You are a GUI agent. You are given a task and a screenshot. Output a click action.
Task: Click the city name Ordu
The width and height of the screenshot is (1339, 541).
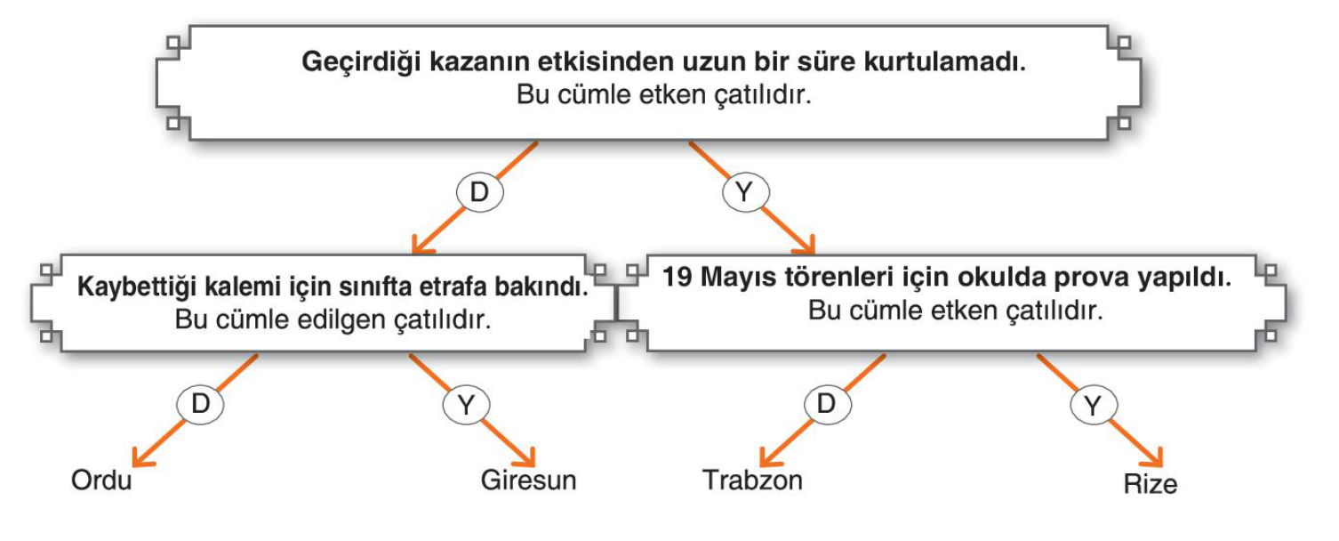click(x=101, y=480)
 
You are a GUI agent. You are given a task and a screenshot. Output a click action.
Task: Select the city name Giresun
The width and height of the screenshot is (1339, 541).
click(x=528, y=480)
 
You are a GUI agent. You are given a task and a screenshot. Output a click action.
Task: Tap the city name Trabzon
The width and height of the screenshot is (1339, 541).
click(x=752, y=480)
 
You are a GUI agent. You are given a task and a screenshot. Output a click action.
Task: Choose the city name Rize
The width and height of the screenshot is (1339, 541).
click(x=1151, y=483)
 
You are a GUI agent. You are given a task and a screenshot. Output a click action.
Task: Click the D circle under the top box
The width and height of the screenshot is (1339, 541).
click(x=479, y=193)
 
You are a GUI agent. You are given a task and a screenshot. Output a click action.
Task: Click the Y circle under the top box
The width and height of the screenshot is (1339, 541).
click(x=745, y=193)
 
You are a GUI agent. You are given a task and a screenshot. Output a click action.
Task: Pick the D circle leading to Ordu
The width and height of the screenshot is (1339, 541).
click(x=200, y=405)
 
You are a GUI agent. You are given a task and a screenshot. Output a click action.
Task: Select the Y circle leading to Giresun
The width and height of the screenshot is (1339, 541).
click(x=466, y=405)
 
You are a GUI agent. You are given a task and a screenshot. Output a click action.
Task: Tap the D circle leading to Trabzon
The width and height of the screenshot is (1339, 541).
click(x=827, y=405)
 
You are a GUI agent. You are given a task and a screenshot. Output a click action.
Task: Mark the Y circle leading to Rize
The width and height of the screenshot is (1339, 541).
click(x=1093, y=406)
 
